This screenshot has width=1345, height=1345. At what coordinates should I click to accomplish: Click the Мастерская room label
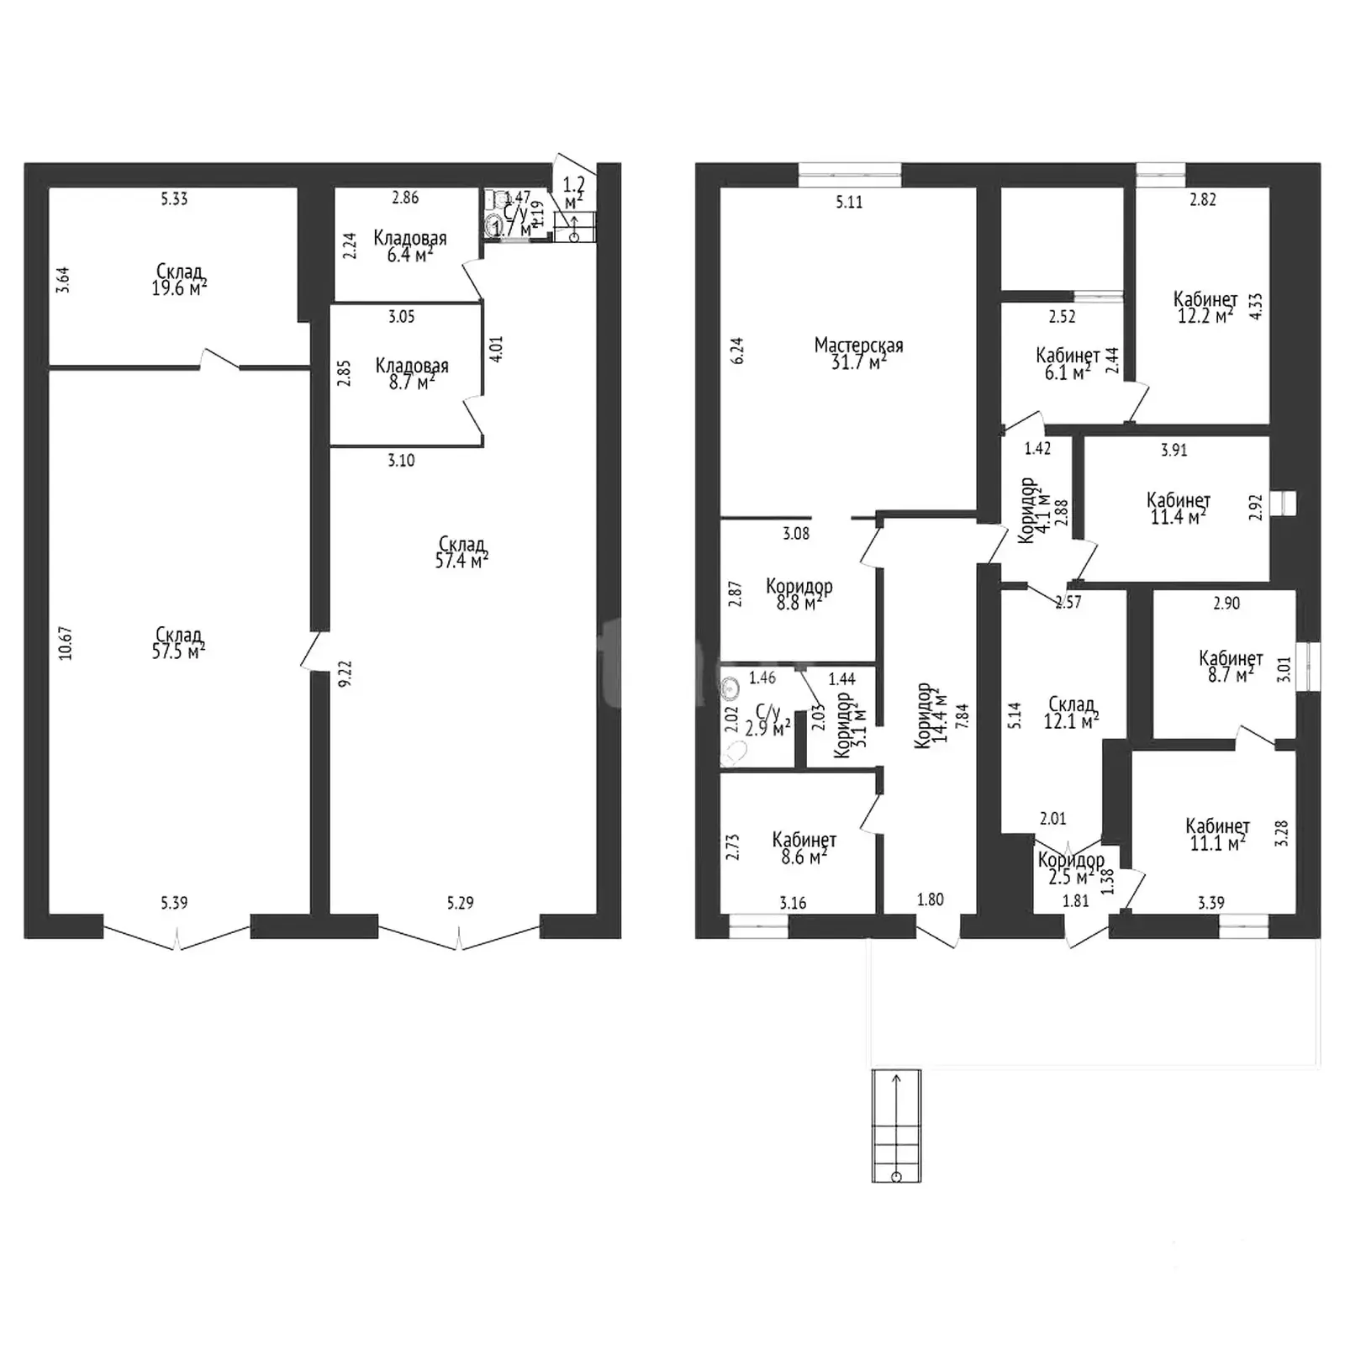[x=858, y=345]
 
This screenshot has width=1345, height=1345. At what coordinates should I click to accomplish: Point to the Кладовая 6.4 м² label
[x=410, y=246]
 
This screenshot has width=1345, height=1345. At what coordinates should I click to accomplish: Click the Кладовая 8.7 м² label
[x=411, y=374]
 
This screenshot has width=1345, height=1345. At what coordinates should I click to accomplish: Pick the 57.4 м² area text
[x=462, y=561]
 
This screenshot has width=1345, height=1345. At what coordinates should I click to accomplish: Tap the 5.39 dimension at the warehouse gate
[x=174, y=903]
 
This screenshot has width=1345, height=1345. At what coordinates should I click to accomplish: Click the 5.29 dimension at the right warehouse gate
[x=460, y=903]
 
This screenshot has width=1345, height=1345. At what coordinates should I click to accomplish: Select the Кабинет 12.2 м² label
[x=1205, y=308]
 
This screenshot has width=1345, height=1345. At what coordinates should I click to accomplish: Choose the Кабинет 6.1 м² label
[x=1068, y=364]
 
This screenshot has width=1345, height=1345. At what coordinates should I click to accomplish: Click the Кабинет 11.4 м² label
[x=1179, y=509]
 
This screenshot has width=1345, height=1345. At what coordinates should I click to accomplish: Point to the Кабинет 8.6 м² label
[x=804, y=848]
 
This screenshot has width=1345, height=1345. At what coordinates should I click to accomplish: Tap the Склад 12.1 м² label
[x=1072, y=712]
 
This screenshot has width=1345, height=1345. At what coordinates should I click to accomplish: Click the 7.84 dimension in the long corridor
[x=963, y=715]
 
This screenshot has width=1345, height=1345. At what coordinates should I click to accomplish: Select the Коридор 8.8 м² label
[x=799, y=594]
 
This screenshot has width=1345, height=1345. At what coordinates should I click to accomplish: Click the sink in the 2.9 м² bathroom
[x=731, y=688]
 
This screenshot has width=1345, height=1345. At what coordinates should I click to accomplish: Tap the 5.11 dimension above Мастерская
[x=849, y=202]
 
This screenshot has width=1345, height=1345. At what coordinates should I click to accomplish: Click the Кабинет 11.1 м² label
[x=1217, y=834]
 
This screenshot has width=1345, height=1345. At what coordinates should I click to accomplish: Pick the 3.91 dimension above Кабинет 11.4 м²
[x=1174, y=450]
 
